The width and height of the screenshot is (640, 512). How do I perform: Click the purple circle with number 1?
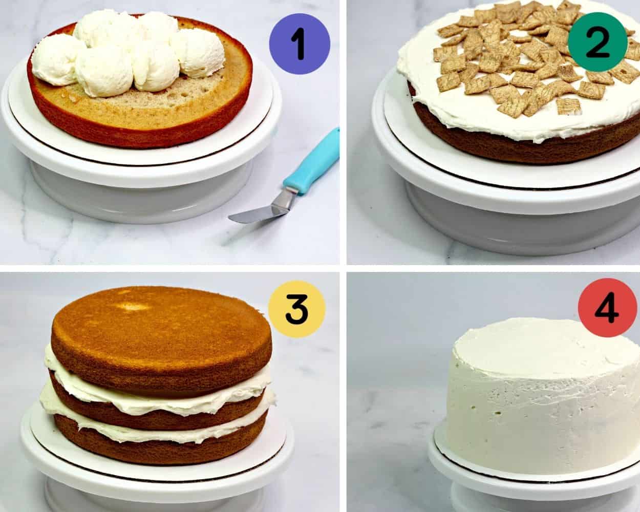300,44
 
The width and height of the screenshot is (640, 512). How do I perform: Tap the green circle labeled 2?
598,42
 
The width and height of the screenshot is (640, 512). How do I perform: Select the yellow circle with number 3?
297,309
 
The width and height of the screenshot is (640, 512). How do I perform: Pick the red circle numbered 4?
608,308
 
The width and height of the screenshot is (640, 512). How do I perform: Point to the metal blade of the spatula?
262,208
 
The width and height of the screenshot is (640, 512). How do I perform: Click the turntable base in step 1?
141,194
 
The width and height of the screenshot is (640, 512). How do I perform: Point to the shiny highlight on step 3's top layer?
134,306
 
